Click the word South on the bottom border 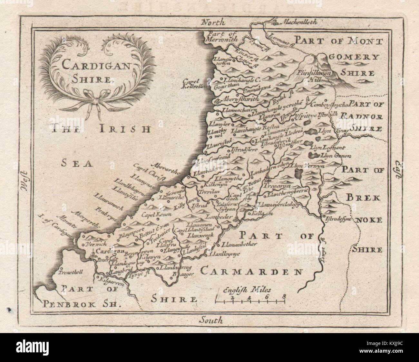[x=211, y=320]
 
